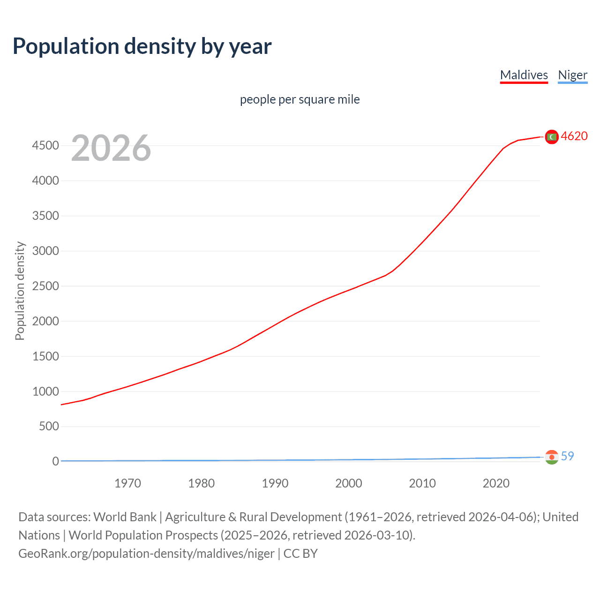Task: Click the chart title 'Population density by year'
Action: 142,46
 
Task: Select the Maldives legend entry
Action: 524,75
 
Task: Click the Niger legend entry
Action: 572,75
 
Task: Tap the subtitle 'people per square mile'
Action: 300,99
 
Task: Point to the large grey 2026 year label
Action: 111,148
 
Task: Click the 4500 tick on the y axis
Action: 45,146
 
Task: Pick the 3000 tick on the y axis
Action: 45,251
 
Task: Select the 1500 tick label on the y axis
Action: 45,357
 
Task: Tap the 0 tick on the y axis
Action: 55,462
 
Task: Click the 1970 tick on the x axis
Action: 127,483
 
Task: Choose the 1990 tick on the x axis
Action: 275,483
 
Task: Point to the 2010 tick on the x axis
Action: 422,483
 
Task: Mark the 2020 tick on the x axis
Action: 496,483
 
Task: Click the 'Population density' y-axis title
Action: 20,291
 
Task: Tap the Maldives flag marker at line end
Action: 552,136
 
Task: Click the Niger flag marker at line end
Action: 552,457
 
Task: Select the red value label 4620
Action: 574,136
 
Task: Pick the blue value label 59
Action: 567,456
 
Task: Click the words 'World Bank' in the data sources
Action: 125,517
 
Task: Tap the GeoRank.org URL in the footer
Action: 146,554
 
